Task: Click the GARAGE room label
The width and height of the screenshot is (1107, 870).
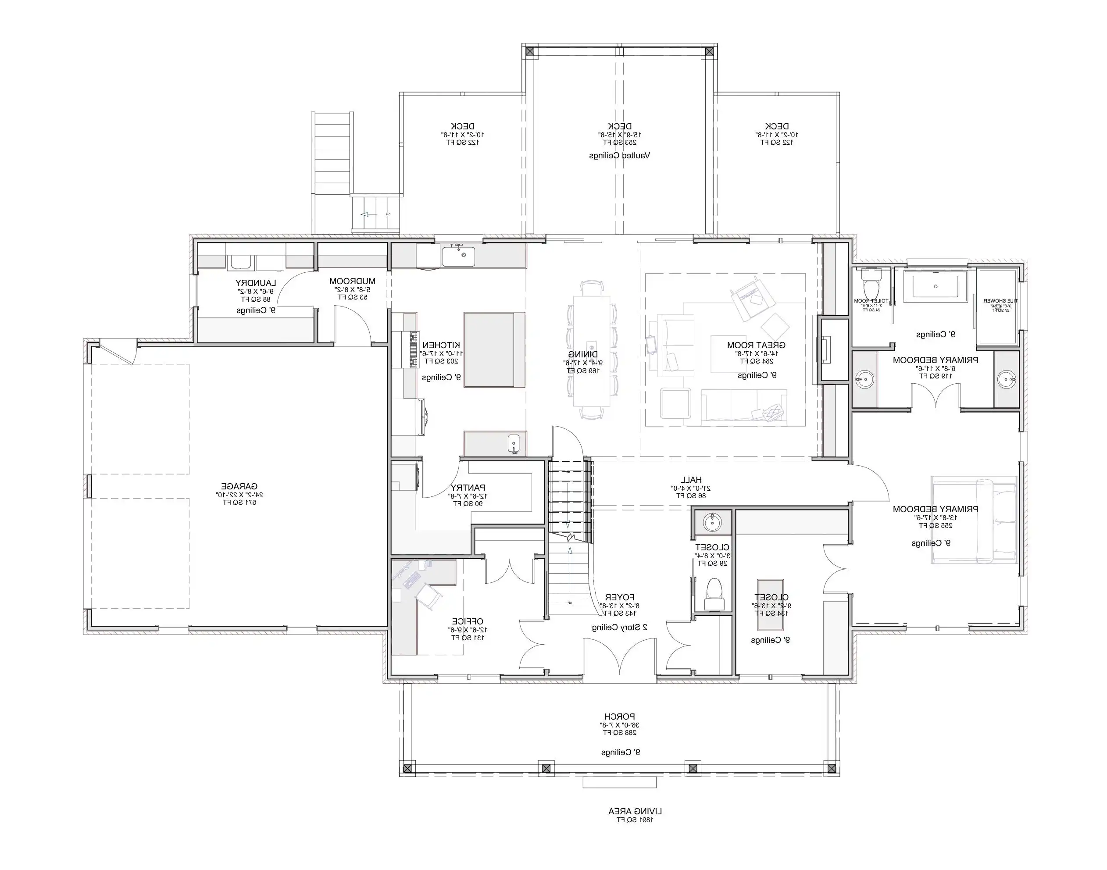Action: click(239, 486)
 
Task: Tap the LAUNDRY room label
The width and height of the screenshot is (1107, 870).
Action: click(255, 283)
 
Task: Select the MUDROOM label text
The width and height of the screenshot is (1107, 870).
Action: click(352, 281)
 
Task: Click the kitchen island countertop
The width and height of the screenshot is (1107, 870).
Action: click(494, 350)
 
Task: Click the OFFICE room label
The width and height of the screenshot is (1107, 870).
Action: click(468, 621)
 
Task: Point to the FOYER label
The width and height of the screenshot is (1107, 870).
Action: click(619, 597)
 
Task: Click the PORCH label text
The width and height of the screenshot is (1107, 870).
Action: click(619, 717)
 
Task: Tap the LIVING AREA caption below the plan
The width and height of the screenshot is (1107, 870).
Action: click(635, 811)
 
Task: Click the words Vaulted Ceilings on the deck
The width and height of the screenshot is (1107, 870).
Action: click(619, 155)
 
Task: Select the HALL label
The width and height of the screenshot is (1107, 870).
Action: click(691, 480)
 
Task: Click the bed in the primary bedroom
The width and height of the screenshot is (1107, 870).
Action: click(974, 520)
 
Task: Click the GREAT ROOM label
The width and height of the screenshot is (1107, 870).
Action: click(756, 345)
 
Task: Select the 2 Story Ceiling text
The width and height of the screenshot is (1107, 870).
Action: click(619, 628)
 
